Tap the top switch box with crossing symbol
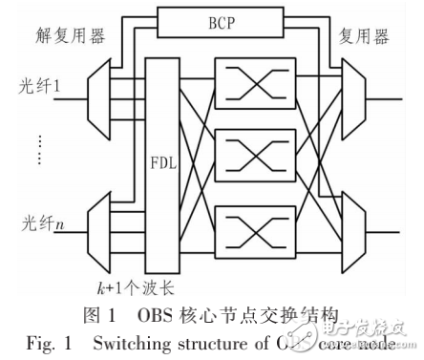pyautogui.click(x=243, y=81)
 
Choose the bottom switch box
pyautogui.click(x=243, y=231)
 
